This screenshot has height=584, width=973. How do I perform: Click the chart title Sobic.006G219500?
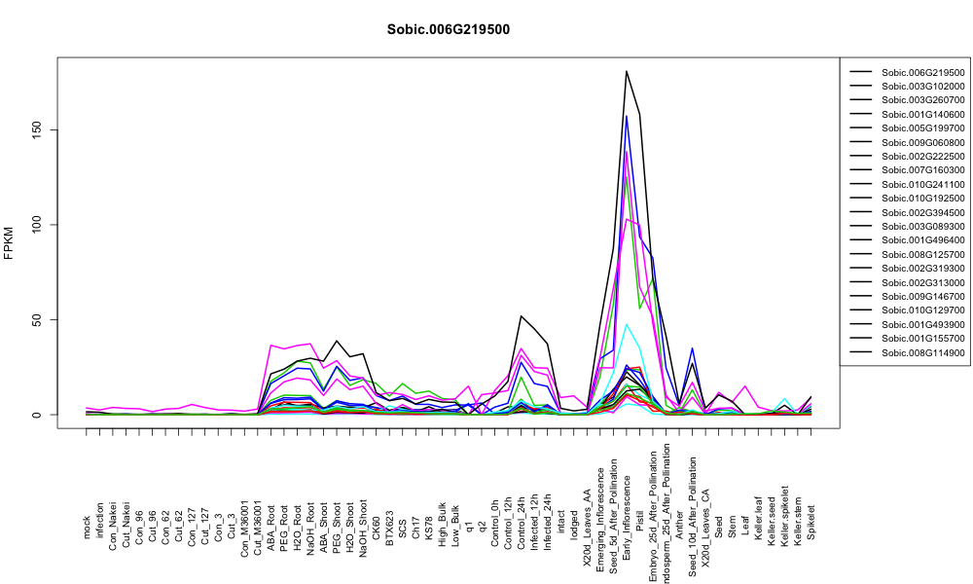(448, 29)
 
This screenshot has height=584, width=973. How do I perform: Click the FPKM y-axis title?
(10, 242)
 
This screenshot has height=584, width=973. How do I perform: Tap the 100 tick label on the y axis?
(38, 225)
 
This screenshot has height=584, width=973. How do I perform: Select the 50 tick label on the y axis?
(38, 319)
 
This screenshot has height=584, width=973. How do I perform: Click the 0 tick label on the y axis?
(38, 415)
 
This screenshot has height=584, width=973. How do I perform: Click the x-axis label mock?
(87, 528)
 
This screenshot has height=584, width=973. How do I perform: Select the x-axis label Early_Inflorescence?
(627, 500)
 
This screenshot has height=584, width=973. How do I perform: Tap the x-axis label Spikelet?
(811, 522)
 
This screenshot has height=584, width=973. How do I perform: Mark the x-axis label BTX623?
(390, 529)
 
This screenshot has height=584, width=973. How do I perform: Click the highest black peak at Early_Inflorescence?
(627, 71)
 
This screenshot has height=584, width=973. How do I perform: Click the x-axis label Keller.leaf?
(758, 518)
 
